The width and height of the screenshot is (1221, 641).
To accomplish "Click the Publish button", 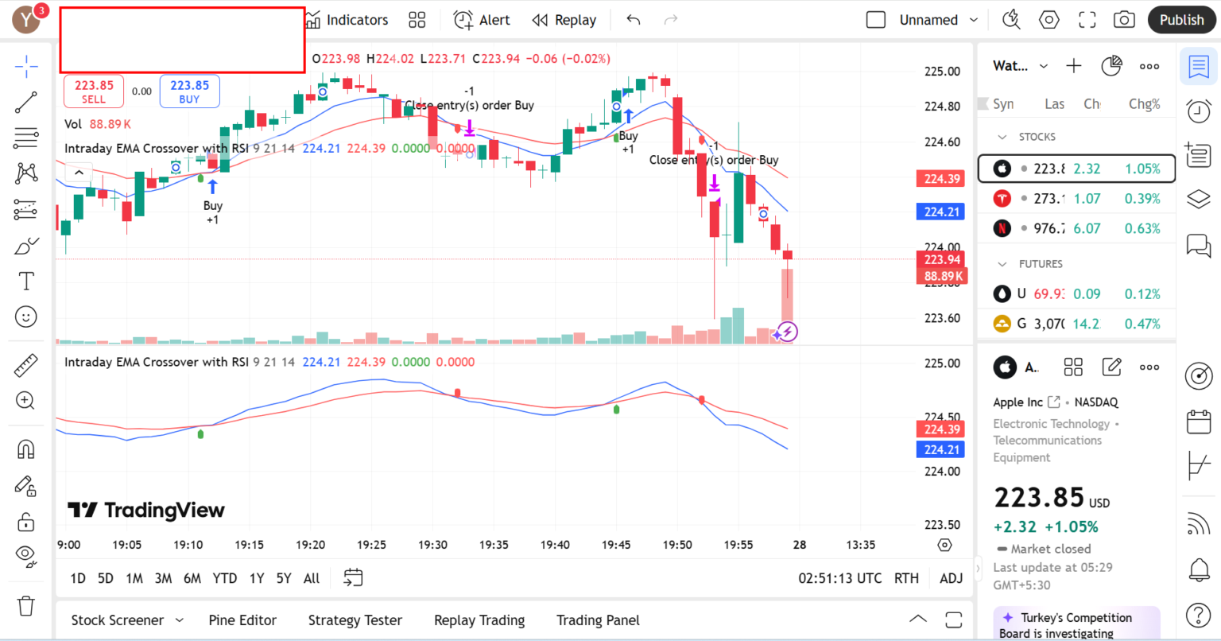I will [1181, 20].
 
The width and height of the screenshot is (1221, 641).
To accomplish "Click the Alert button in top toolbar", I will [482, 20].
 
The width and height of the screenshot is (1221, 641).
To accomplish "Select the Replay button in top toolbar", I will [564, 20].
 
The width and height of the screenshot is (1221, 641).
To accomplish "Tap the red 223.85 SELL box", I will [94, 91].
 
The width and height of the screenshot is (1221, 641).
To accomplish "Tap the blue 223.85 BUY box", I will [189, 91].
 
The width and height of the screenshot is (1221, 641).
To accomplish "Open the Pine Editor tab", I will [242, 620].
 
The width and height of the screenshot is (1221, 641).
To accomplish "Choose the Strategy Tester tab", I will [355, 620].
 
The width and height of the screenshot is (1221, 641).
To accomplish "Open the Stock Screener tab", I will [118, 620].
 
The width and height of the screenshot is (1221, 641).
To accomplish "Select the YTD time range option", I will [224, 578].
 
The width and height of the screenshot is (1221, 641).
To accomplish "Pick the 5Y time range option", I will [284, 578].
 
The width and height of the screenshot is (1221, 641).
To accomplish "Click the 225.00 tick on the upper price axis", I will [942, 72].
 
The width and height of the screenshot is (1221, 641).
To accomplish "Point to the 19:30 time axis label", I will [432, 545].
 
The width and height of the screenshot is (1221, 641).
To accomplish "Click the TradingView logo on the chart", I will [146, 510].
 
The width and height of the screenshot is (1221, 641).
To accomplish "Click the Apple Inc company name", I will [1017, 402].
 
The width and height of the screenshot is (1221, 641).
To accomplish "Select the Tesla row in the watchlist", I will [1076, 199].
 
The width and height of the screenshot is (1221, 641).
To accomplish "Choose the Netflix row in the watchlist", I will [1076, 228].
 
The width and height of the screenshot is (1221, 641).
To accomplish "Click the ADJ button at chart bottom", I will [951, 578].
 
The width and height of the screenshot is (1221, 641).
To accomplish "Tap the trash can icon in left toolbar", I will [26, 606].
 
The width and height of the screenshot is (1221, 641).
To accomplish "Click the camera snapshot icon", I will [1124, 20].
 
